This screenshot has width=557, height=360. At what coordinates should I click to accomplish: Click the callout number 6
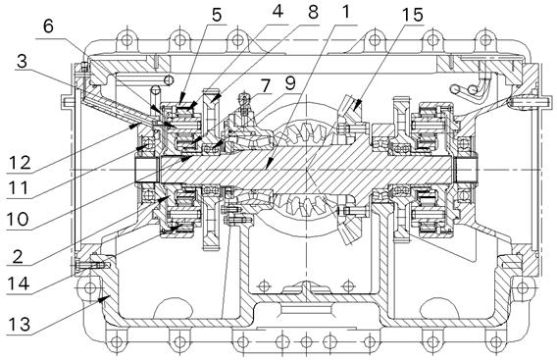[48, 26]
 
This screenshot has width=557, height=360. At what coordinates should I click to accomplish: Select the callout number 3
[22, 61]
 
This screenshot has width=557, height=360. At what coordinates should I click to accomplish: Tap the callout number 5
[217, 15]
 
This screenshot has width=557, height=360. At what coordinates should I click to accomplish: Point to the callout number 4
[278, 11]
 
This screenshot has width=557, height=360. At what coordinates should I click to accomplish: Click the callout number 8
[314, 13]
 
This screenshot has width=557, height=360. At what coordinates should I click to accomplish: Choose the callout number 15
[413, 15]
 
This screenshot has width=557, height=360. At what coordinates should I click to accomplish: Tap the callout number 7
[265, 85]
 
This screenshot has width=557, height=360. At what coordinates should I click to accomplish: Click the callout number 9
[290, 83]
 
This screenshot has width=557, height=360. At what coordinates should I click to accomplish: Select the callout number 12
[20, 163]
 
